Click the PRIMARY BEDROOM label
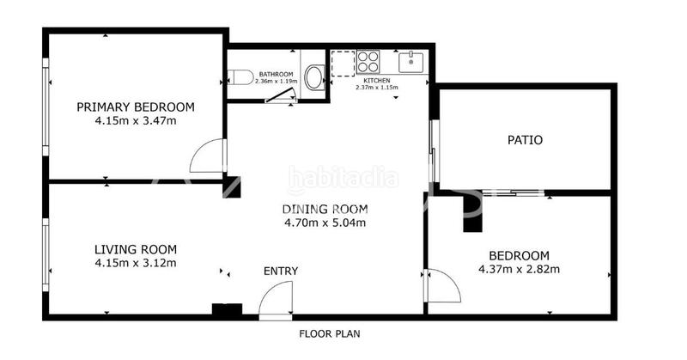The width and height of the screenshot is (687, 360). coord(136,107)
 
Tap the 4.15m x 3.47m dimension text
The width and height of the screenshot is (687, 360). coord(136,121)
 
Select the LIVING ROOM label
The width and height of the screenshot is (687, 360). coord(136,249)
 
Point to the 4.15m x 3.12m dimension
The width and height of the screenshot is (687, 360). coord(136,263)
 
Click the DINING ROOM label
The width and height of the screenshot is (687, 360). coord(325,209)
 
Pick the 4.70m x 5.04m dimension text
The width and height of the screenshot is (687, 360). coord(325,223)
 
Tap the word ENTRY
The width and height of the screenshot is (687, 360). coord(281,272)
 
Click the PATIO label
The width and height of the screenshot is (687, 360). coord(525,139)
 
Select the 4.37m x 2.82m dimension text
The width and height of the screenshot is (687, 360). coord(519,269)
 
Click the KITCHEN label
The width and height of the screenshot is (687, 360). coord(377,79)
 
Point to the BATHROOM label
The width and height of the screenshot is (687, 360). coord(277,75)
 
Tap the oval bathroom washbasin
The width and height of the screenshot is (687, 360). coord(314,78)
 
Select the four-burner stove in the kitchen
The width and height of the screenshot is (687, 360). coord(369,62)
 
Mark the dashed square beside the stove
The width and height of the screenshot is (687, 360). coord(343,63)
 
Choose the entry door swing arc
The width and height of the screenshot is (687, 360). coord(277,301)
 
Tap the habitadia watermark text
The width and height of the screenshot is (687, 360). coord(343,179)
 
